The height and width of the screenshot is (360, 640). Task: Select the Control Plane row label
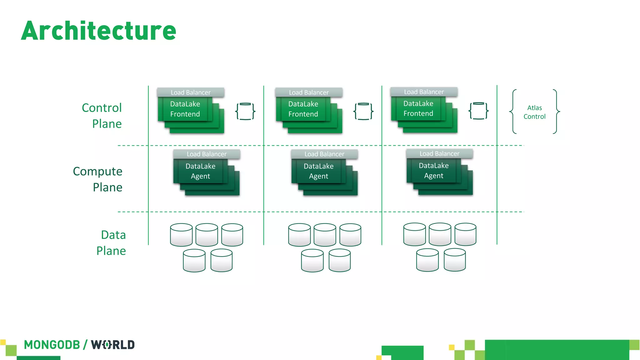102,116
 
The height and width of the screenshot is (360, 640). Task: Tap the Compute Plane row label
98,179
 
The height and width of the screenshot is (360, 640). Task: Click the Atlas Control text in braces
534,112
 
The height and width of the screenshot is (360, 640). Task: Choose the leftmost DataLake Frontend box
185,109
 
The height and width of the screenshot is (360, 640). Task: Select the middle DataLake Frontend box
303,109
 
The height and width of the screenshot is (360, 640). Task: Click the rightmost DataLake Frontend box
418,108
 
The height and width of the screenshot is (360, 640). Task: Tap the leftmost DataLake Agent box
200,171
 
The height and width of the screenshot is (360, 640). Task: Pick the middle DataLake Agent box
318,171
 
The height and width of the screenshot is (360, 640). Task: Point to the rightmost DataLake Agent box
433,171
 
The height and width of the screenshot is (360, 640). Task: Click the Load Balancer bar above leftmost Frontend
191,92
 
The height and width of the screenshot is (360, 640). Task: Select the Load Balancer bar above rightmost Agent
439,154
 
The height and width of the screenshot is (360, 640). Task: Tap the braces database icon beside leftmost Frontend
245,111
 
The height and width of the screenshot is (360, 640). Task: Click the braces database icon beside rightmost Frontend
478,111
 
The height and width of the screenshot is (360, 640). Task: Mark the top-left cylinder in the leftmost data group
181,235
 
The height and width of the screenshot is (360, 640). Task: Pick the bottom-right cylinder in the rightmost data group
455,260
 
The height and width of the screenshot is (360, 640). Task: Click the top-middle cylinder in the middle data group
325,235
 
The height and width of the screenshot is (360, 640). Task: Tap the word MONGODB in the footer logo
52,345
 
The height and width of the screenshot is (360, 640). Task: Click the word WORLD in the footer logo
113,345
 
